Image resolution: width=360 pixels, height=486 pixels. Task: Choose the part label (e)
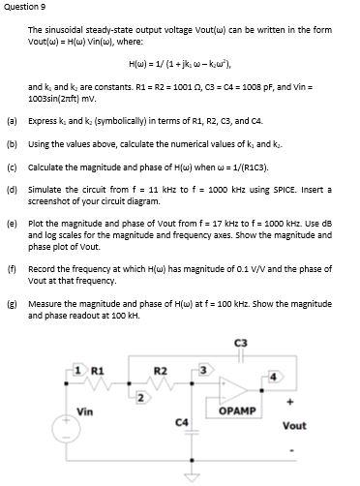pos(11,222)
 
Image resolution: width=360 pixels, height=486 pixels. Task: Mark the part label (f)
pos(11,267)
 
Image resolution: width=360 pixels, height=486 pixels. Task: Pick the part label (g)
pos(11,302)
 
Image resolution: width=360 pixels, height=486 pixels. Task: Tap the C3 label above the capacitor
pos(240,343)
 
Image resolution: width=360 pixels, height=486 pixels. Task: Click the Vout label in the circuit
pos(294,425)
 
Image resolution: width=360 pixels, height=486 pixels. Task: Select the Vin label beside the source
pos(84,410)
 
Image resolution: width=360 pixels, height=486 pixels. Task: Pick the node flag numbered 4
pos(273,376)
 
